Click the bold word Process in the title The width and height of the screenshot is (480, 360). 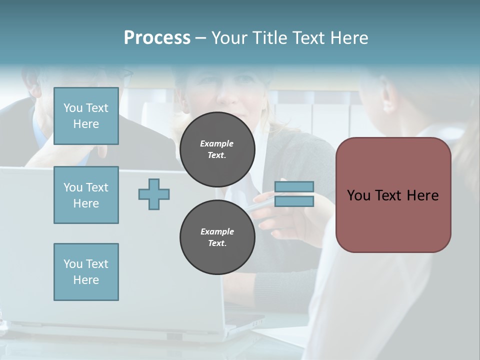157,38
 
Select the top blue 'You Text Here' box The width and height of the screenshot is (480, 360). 86,116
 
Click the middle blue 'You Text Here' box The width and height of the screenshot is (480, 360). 86,195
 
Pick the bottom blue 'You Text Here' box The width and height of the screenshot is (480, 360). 86,271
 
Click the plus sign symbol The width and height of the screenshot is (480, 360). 154,194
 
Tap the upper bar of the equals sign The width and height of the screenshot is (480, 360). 294,187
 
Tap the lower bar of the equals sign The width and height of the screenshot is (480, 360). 294,201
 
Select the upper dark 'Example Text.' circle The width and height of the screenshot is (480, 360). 217,149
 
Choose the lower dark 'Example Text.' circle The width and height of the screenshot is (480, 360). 217,237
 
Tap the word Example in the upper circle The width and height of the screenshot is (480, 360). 217,143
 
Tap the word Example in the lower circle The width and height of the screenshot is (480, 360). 217,231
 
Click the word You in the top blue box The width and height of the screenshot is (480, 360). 73,108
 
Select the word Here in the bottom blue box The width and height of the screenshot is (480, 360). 86,280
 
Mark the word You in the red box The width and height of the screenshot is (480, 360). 358,195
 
